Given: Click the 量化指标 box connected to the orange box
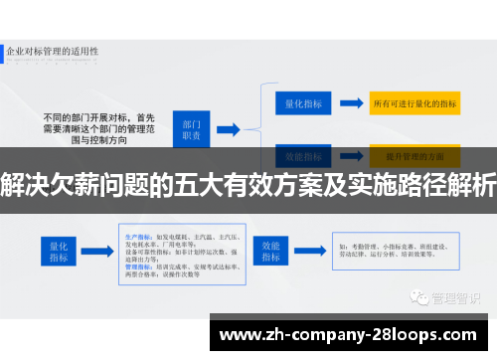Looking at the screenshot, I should click(300, 101).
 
